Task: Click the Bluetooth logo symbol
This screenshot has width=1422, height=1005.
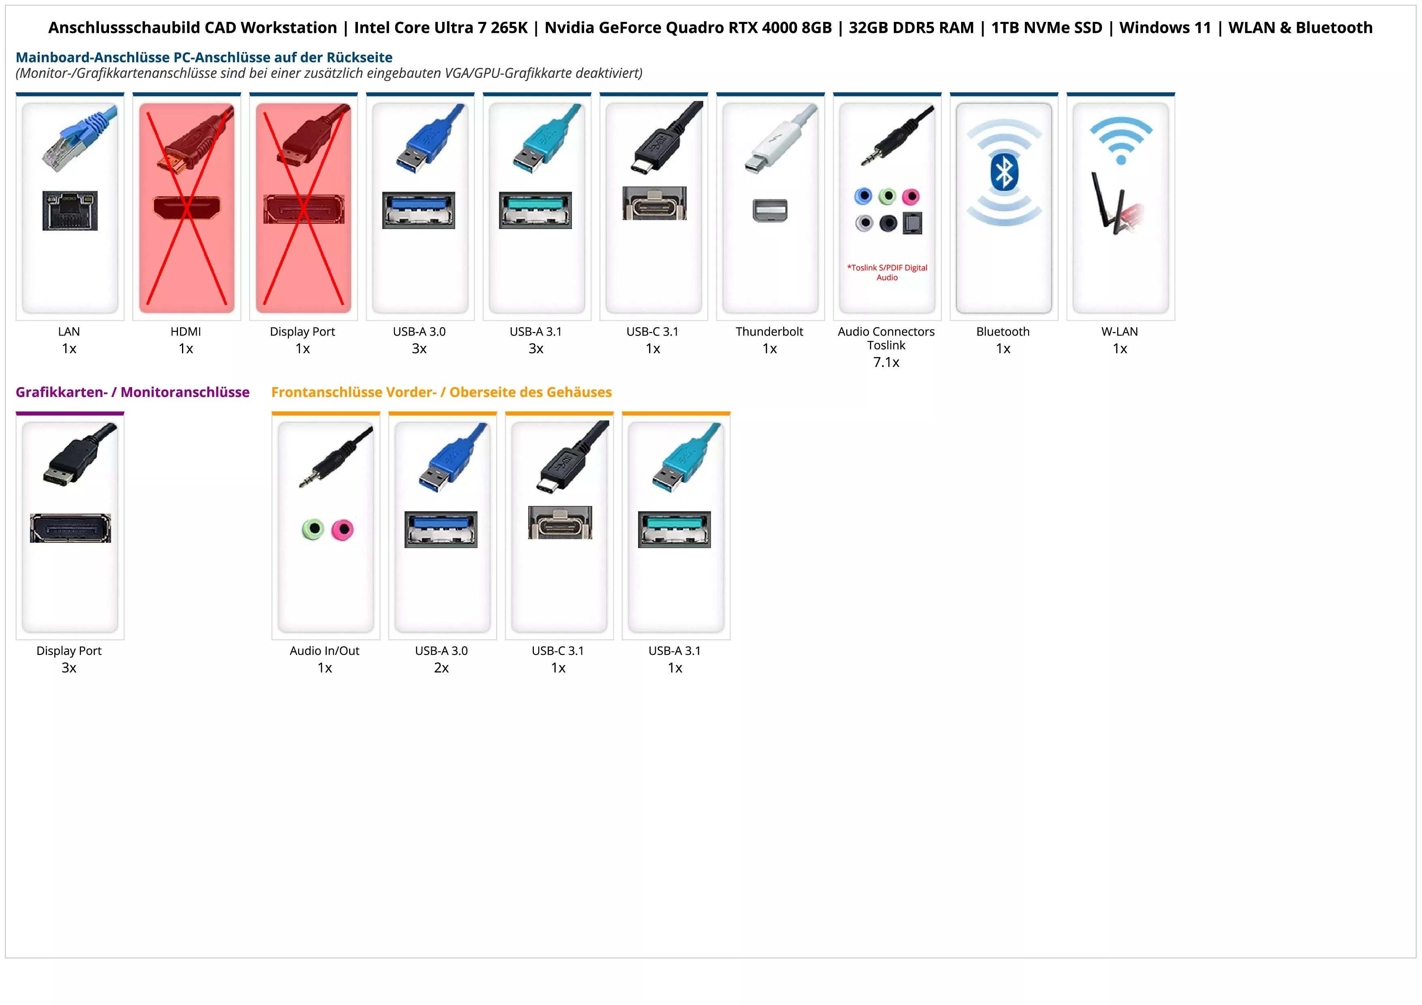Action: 1004,172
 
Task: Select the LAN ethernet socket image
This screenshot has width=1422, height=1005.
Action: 70,210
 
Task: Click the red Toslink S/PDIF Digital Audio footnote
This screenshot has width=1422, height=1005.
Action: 887,272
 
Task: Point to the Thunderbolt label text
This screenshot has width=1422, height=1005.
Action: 769,331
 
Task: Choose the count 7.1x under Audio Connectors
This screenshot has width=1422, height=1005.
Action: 886,362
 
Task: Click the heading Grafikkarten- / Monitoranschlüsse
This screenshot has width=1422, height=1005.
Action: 133,392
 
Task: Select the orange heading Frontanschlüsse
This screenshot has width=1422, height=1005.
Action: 441,392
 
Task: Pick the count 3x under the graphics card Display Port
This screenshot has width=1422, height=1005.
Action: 69,668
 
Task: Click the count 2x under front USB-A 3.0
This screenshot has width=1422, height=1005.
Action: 441,668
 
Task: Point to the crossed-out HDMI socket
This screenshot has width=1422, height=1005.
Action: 186,208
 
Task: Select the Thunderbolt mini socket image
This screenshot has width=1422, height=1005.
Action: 770,210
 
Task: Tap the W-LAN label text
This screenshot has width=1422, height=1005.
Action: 1119,331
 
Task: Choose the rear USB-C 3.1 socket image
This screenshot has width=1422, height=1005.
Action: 654,203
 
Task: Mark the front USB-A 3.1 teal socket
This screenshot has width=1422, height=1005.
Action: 675,529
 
